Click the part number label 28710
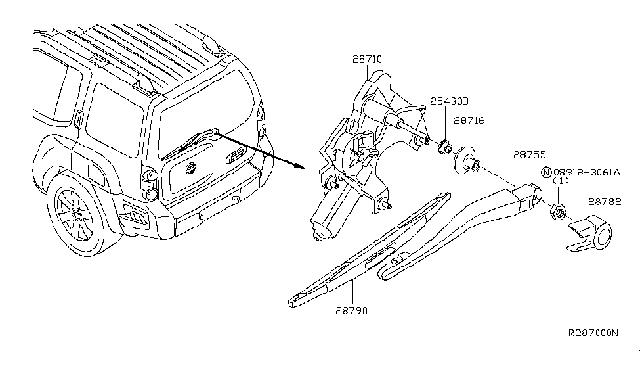[367, 60]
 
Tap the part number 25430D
[449, 101]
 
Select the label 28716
[469, 120]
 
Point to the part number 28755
[529, 155]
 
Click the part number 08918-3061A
[587, 172]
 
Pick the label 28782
[605, 202]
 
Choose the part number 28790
[351, 311]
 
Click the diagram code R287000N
[593, 333]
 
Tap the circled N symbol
[546, 172]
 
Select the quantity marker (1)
[561, 181]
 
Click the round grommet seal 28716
[465, 160]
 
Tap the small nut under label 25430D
[443, 147]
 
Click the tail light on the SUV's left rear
[150, 185]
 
